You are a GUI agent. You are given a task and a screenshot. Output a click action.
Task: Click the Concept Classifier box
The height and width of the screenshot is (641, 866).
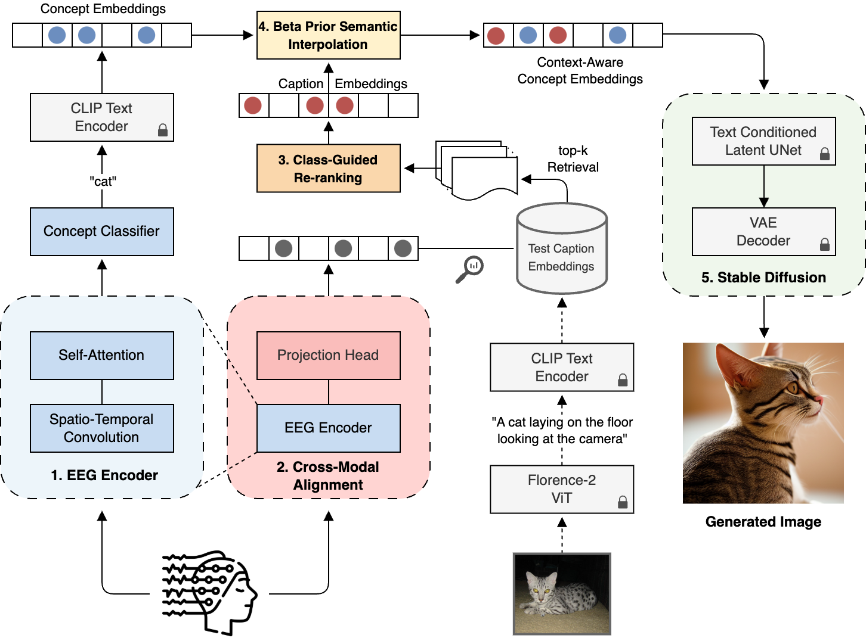(x=101, y=231)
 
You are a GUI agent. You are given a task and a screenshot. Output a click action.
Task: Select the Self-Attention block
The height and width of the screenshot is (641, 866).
(x=101, y=355)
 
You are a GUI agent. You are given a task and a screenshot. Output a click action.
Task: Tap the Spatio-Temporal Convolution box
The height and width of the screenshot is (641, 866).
(x=101, y=428)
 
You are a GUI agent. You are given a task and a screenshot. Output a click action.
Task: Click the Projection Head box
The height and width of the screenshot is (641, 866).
(x=328, y=355)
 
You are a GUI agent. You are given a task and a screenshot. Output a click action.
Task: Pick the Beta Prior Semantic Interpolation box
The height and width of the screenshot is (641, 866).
(x=328, y=35)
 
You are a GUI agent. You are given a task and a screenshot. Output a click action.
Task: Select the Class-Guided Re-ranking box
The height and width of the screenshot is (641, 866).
(x=328, y=168)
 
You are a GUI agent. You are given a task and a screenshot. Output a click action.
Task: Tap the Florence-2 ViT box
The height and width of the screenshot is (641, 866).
(x=561, y=488)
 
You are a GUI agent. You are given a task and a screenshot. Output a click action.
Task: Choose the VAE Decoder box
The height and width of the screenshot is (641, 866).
(x=763, y=231)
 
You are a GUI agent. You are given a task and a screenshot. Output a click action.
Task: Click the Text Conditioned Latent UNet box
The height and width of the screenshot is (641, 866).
(x=763, y=141)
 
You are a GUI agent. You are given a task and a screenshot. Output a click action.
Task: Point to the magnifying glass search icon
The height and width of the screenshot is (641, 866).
(x=470, y=269)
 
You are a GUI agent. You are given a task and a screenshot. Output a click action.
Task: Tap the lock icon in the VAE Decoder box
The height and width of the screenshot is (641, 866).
(x=824, y=244)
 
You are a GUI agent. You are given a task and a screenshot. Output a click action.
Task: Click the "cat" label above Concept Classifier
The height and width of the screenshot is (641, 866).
(x=103, y=181)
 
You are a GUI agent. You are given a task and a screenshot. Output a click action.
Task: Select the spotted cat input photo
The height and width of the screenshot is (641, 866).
(x=562, y=593)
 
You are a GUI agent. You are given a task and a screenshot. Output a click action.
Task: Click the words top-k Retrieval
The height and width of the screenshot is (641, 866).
(x=573, y=158)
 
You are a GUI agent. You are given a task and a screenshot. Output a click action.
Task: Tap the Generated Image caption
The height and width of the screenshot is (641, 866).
(x=763, y=522)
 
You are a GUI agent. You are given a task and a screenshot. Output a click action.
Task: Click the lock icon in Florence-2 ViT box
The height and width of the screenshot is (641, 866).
(x=623, y=502)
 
